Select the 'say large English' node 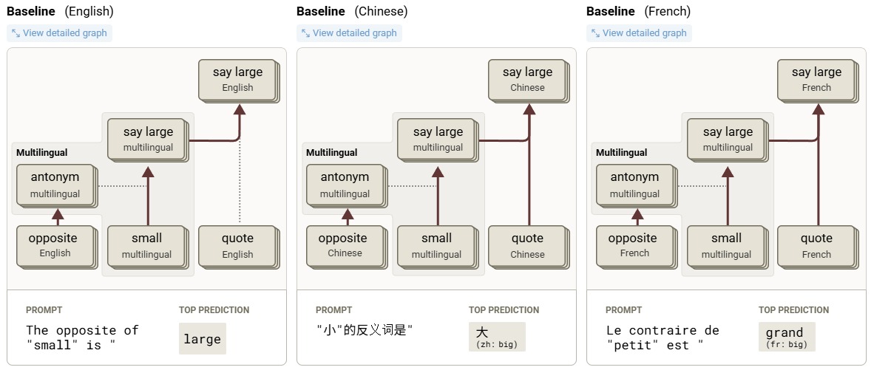click(x=237, y=79)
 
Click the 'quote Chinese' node click(x=527, y=245)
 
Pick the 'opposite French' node click(x=632, y=245)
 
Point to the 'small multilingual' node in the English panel click(x=146, y=245)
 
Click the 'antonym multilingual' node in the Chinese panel click(x=345, y=185)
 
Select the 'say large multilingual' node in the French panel click(x=728, y=139)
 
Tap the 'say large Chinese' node click(x=527, y=79)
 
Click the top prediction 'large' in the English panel click(x=202, y=339)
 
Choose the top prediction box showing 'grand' click(x=786, y=336)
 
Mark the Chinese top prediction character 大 click(x=483, y=332)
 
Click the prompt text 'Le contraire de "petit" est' click(x=662, y=338)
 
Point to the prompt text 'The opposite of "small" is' click(x=82, y=338)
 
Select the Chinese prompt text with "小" click(x=364, y=331)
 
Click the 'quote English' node click(x=237, y=245)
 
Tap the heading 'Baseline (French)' click(x=638, y=11)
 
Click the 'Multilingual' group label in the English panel click(x=41, y=153)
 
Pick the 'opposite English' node click(x=52, y=245)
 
